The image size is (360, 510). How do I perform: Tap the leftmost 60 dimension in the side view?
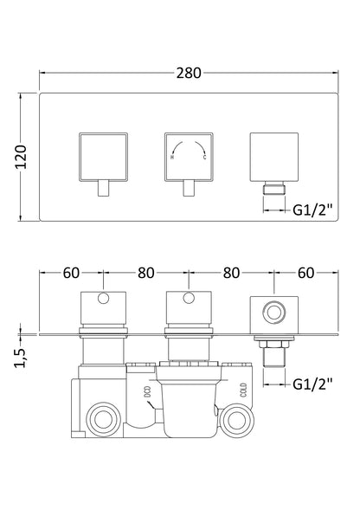pos(71,273)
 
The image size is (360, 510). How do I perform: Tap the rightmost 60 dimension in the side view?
pos(306,273)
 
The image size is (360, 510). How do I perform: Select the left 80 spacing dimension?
pos(145,273)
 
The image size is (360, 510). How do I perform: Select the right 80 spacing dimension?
pos(230,273)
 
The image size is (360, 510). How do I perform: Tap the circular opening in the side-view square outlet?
pos(276,309)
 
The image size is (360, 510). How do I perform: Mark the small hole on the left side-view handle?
pos(105,301)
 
